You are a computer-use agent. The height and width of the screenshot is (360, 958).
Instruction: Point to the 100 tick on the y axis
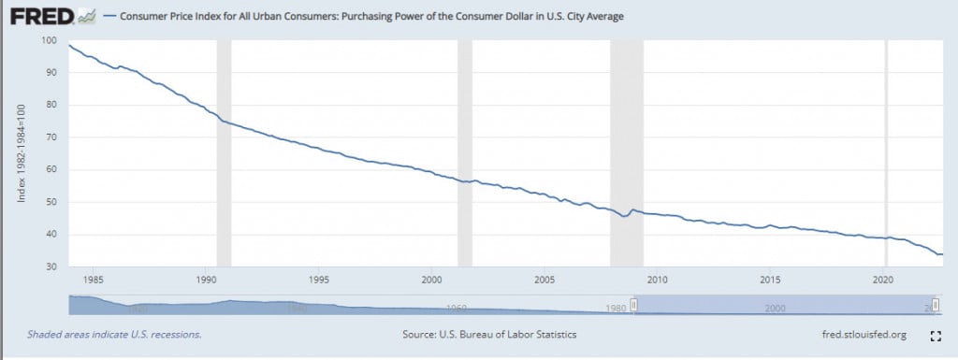tap(50, 40)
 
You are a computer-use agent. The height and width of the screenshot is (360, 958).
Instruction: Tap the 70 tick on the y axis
tap(51, 137)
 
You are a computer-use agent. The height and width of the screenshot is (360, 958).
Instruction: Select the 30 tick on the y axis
tap(51, 267)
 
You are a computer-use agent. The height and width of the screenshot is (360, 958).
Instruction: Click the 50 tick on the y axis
tap(51, 202)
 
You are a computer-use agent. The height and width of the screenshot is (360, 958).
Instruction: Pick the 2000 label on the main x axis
tap(431, 279)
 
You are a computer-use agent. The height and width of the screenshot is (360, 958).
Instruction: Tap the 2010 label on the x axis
tap(658, 279)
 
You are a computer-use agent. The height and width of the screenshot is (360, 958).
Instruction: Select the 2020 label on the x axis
tap(884, 279)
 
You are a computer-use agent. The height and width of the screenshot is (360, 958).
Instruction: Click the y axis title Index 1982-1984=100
tap(22, 153)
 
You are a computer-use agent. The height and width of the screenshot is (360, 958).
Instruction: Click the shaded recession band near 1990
tap(224, 150)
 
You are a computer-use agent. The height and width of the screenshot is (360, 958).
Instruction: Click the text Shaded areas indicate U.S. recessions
tap(114, 334)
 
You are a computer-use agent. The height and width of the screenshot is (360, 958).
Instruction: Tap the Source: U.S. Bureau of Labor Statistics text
tap(489, 334)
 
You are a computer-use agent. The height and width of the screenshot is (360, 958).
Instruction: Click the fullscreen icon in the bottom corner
tap(935, 335)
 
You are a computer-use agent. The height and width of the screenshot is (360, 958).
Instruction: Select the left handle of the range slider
tap(634, 305)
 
